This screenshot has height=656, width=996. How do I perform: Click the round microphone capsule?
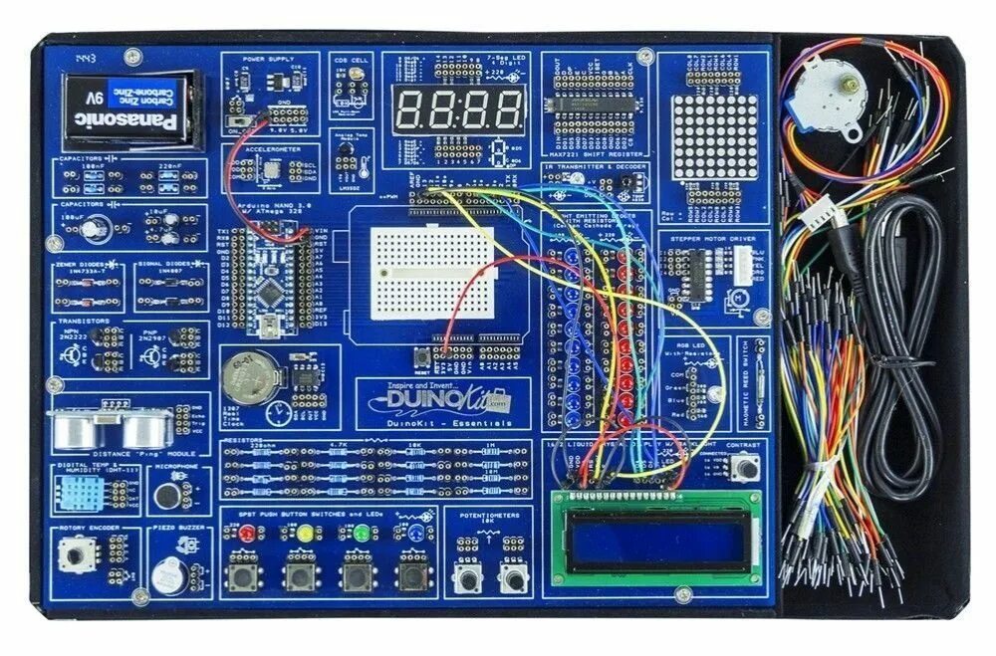click(167, 494)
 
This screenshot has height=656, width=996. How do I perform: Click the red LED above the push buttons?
click(245, 533)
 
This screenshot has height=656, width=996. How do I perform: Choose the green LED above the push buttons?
click(360, 533)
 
